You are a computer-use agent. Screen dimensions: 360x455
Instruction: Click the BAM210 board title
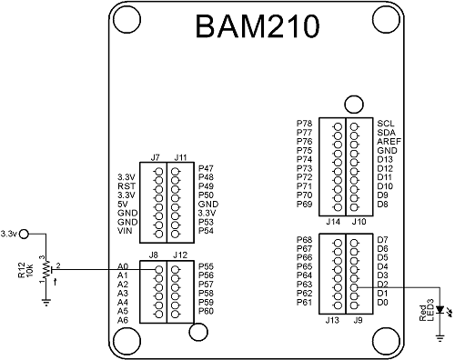point(258,28)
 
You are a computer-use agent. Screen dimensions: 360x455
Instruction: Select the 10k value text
point(29,271)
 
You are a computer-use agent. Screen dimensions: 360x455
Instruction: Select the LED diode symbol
point(441,309)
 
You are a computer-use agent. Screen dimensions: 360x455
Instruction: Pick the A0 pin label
point(124,266)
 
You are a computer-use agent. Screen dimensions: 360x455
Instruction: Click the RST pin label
point(126,186)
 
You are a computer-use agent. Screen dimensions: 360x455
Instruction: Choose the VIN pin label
point(126,232)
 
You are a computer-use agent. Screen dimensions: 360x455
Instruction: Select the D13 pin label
point(384,159)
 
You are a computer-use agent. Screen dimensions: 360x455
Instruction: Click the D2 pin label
point(382,285)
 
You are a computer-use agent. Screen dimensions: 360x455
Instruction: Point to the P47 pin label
point(206,168)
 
